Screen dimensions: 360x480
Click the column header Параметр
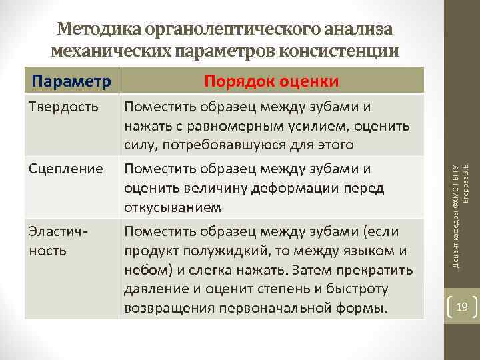(71, 81)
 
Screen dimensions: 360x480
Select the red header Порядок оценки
(271, 81)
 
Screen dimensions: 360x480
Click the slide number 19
(462, 307)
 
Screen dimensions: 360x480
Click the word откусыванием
(173, 208)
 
